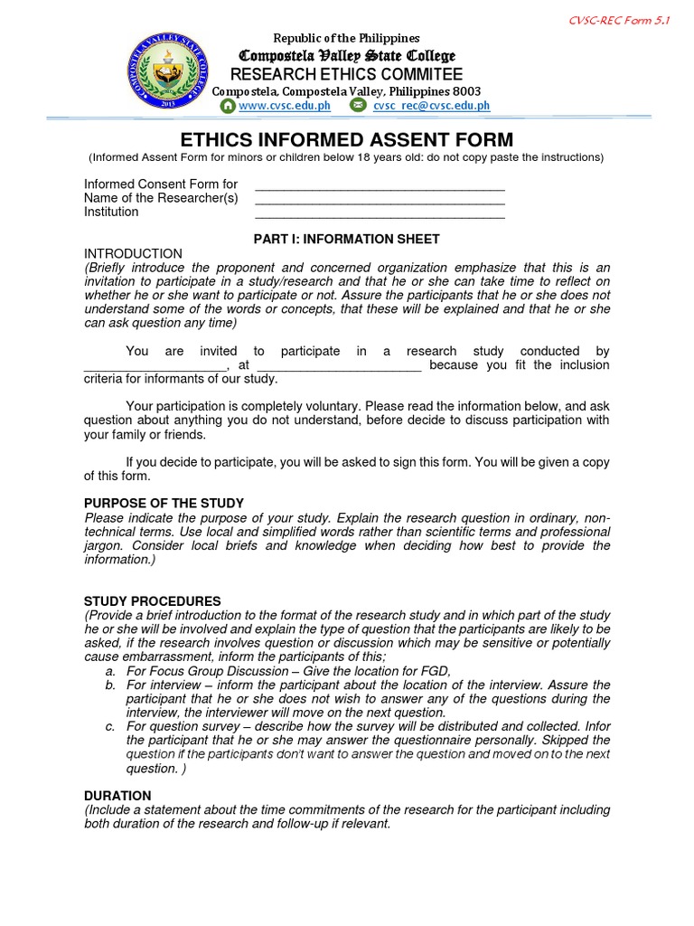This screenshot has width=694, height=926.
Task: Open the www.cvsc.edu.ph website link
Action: pyautogui.click(x=285, y=106)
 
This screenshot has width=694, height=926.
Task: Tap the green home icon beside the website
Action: pyautogui.click(x=228, y=106)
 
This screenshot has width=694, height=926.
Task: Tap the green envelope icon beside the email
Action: pyautogui.click(x=358, y=106)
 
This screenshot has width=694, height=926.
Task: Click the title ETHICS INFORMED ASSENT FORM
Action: pyautogui.click(x=347, y=140)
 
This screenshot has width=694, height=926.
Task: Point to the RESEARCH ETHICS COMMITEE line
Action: pyautogui.click(x=347, y=74)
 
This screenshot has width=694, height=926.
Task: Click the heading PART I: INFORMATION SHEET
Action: pyautogui.click(x=347, y=239)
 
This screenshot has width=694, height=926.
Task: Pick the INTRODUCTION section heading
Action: pyautogui.click(x=133, y=254)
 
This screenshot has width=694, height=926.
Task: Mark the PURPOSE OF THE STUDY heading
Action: pyautogui.click(x=164, y=503)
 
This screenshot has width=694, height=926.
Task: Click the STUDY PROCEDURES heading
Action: pyautogui.click(x=152, y=600)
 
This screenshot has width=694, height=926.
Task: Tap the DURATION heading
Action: pyautogui.click(x=117, y=796)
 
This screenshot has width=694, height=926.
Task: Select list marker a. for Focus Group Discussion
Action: pyautogui.click(x=109, y=671)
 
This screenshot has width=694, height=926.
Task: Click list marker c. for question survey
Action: pyautogui.click(x=109, y=726)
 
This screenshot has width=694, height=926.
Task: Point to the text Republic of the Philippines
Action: pyautogui.click(x=347, y=38)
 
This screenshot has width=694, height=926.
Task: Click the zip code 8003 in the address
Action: pyautogui.click(x=466, y=91)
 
